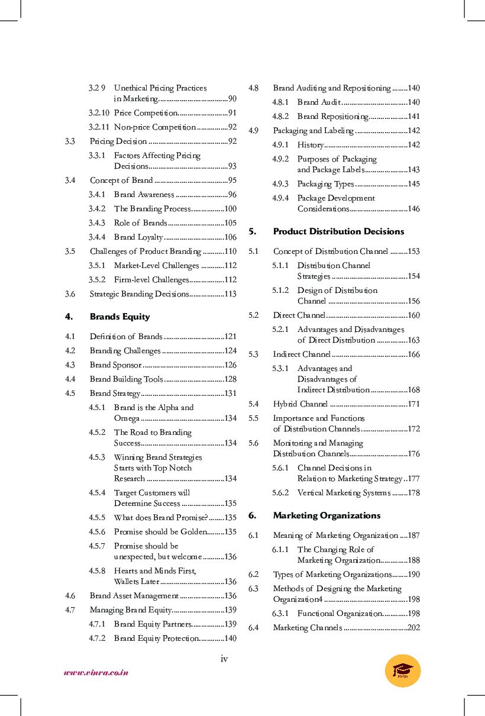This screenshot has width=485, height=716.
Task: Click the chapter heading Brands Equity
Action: point(119,317)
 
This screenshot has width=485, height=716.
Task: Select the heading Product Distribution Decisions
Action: point(338,231)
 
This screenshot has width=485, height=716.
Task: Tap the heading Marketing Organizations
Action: point(326,515)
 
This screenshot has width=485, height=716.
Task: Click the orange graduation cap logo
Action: point(403,670)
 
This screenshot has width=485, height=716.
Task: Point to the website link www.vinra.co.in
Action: point(96,672)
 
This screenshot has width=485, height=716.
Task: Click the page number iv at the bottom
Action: point(224,659)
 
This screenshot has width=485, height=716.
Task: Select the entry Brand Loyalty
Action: point(138,237)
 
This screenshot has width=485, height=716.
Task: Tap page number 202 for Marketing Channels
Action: point(413,628)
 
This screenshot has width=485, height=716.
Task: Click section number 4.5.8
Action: point(97,571)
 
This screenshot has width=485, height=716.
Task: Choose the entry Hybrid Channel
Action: point(300,404)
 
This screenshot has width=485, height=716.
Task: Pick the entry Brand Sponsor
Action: point(115,365)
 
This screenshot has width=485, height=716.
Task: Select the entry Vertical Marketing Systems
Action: point(344,493)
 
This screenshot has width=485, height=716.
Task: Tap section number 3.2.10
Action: point(99,113)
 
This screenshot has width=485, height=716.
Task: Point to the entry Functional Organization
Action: point(339,614)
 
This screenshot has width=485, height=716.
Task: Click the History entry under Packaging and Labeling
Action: point(310,145)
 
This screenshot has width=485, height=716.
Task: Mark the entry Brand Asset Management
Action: point(134,596)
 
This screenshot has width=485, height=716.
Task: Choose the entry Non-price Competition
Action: point(154,127)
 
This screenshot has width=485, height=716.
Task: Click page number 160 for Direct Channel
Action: point(413,315)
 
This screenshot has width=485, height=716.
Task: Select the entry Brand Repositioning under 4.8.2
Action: point(332,117)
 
